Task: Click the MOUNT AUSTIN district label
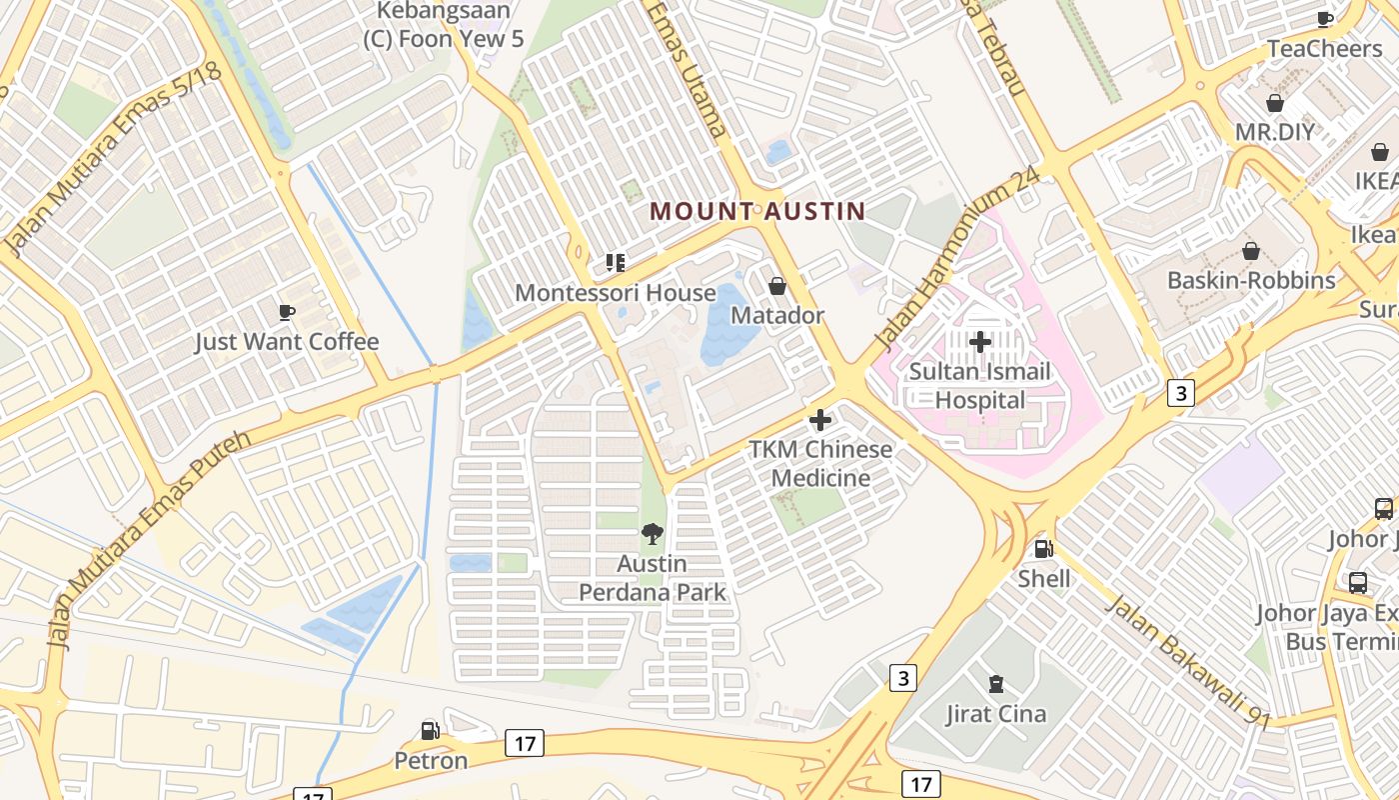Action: click(x=756, y=211)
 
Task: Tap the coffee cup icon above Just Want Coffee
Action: click(x=287, y=313)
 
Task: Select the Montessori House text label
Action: click(x=615, y=293)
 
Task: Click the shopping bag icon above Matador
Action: click(x=777, y=287)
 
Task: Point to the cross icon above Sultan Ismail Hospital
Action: click(x=979, y=343)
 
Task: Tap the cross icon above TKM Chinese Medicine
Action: click(x=820, y=420)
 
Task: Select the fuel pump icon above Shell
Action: click(x=1043, y=549)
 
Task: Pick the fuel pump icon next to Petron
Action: click(x=430, y=731)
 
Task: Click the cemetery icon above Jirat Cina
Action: click(x=995, y=685)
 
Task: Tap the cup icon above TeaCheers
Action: click(x=1325, y=19)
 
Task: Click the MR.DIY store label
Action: click(x=1274, y=132)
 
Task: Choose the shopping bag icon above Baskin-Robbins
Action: click(x=1250, y=251)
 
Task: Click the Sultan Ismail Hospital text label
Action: click(x=979, y=386)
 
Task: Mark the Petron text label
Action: click(x=431, y=760)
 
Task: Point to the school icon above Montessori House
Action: click(x=615, y=263)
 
